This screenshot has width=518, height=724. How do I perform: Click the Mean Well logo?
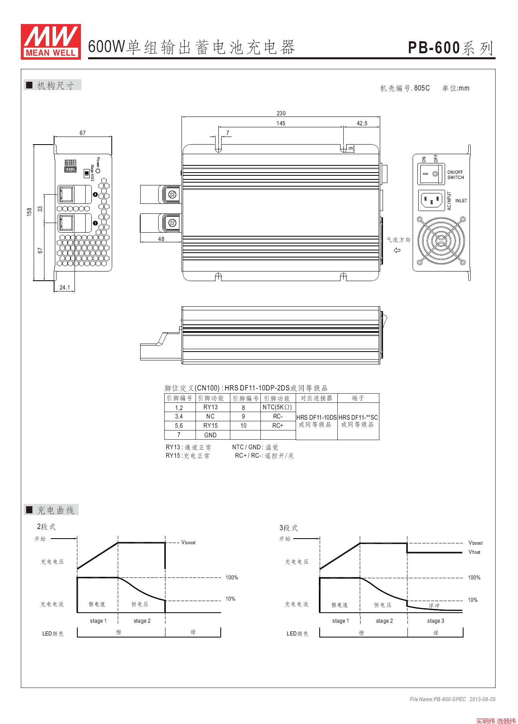pyautogui.click(x=51, y=42)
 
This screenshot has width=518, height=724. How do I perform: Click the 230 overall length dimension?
pyautogui.click(x=281, y=113)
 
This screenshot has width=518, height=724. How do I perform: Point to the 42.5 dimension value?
pyautogui.click(x=362, y=123)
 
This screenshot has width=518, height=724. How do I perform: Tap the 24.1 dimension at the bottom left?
pyautogui.click(x=65, y=288)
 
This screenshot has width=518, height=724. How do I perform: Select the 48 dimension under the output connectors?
pyautogui.click(x=161, y=239)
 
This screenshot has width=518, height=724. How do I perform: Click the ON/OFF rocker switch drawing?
pyautogui.click(x=431, y=174)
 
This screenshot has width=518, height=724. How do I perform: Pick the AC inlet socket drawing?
pyautogui.click(x=431, y=200)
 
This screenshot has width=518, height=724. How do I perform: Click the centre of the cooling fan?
pyautogui.click(x=441, y=241)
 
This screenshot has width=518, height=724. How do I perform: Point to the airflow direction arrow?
pyautogui.click(x=397, y=250)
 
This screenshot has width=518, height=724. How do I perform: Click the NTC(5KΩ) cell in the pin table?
pyautogui.click(x=278, y=407)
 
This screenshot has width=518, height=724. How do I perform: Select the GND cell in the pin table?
pyautogui.click(x=210, y=435)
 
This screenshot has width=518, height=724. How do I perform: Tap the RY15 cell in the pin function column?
pyautogui.click(x=210, y=426)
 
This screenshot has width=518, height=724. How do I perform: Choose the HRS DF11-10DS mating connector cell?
pyautogui.click(x=316, y=421)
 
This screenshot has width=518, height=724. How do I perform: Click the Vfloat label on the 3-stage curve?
pyautogui.click(x=474, y=552)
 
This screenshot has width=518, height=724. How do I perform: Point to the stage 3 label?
pyautogui.click(x=435, y=621)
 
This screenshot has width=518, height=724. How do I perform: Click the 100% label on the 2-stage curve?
pyautogui.click(x=232, y=577)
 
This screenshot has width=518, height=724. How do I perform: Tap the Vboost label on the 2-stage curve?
pyautogui.click(x=188, y=543)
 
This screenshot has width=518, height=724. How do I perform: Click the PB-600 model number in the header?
pyautogui.click(x=434, y=48)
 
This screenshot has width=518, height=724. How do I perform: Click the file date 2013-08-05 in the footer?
pyautogui.click(x=482, y=699)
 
